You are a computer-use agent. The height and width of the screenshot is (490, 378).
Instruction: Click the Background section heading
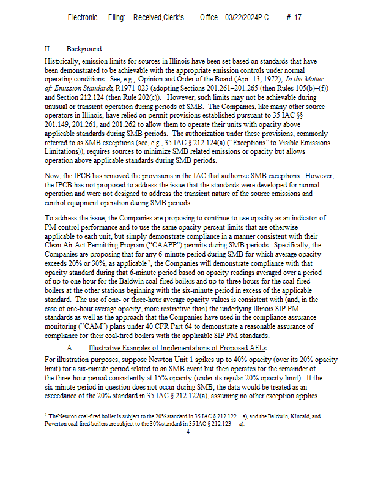[x=84, y=49]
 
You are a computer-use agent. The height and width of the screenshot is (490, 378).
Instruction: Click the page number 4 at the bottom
[x=188, y=432]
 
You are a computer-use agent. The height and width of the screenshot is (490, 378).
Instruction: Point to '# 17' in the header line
[x=294, y=18]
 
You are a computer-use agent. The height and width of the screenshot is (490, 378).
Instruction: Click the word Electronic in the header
[x=83, y=18]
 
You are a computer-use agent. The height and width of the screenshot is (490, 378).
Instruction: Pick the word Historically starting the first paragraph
[x=64, y=61]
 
